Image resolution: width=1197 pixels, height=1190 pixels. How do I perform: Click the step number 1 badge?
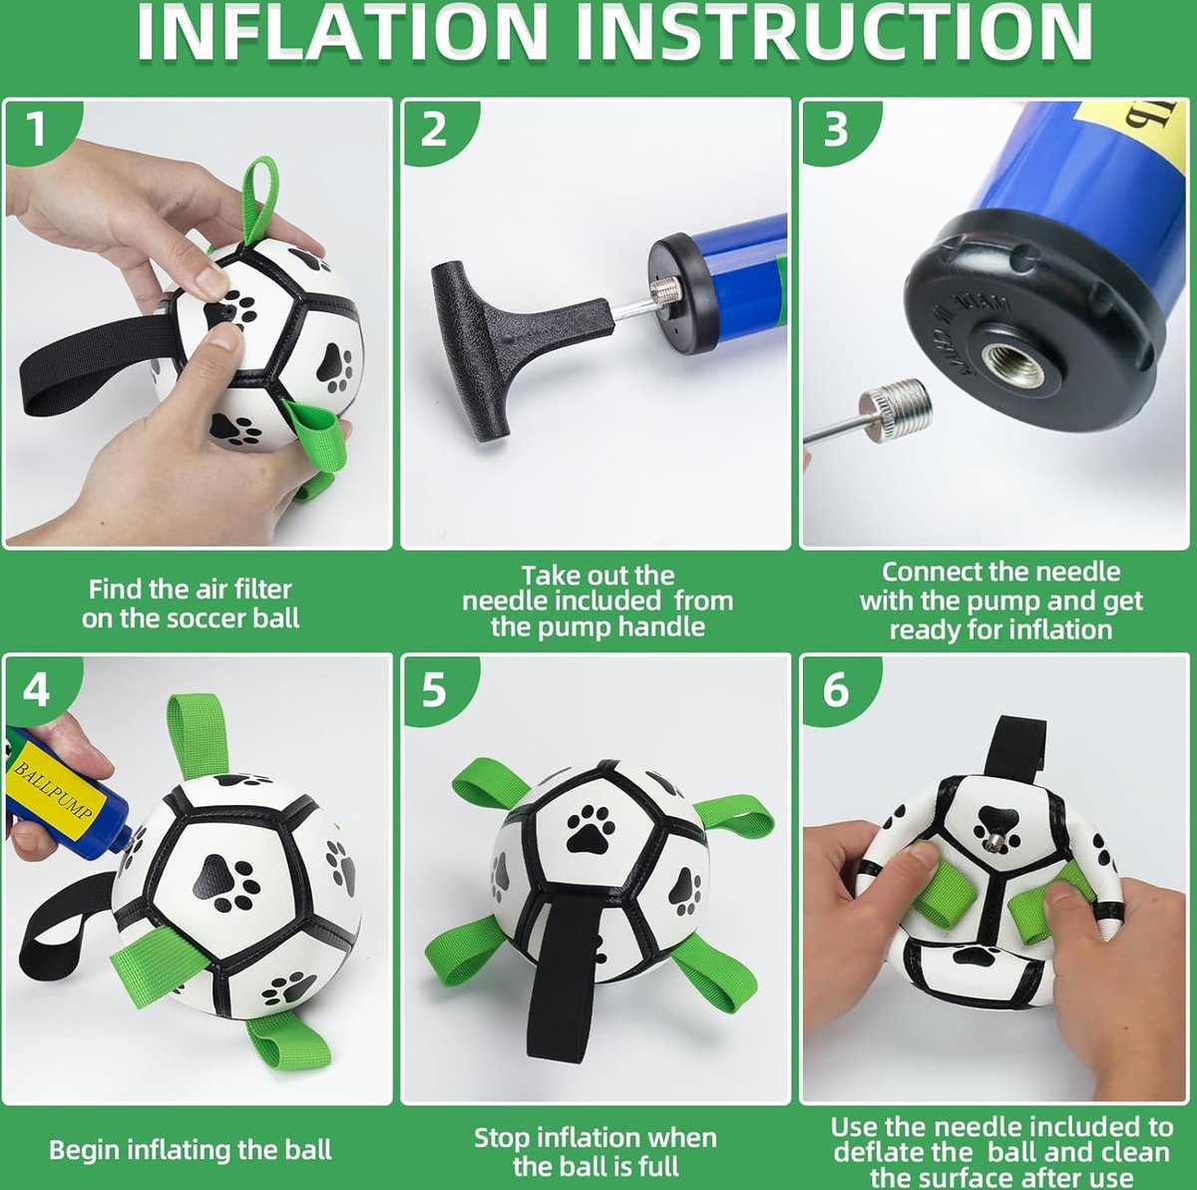click(39, 131)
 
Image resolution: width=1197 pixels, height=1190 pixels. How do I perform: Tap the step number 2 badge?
click(435, 131)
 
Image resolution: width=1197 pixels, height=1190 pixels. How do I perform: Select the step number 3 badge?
click(836, 131)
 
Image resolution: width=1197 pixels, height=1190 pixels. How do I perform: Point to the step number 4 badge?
click(37, 690)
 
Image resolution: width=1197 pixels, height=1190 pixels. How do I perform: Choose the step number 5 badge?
click(435, 690)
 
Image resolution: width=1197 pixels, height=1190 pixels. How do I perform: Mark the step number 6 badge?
click(836, 690)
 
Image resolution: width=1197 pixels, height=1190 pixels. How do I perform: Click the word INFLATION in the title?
click(342, 32)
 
